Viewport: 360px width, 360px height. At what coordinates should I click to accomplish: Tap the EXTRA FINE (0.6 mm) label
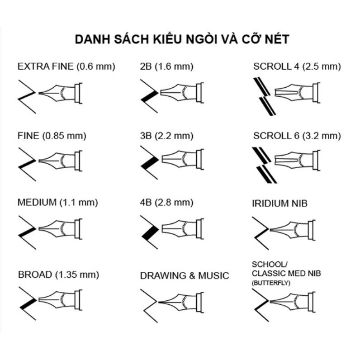point(66,66)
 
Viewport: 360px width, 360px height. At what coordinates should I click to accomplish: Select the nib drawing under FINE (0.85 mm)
point(61,161)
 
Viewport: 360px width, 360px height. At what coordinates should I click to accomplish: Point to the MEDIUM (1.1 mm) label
point(58,203)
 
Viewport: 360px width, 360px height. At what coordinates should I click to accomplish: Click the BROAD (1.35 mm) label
point(58,275)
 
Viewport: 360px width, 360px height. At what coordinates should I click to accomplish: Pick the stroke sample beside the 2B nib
point(149,96)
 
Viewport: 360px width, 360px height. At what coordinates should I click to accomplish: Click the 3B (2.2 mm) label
point(167,136)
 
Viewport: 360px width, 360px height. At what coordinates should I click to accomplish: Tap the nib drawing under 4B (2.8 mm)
point(183,229)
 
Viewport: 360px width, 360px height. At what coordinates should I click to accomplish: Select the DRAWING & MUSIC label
point(185,275)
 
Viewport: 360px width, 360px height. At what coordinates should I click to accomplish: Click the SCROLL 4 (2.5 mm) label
point(297,66)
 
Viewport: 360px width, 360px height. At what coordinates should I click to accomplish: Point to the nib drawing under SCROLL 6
point(297,160)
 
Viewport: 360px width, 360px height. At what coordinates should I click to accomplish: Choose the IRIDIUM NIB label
point(279,204)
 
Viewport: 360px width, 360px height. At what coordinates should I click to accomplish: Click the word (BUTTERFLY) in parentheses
point(271,283)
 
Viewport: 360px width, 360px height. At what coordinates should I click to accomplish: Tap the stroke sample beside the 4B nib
point(149,232)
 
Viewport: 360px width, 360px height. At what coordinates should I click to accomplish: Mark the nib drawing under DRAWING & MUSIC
point(181,303)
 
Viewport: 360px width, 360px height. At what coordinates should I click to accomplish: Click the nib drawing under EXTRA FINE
point(61,93)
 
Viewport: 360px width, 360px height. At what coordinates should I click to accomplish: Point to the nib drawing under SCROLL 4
point(297,93)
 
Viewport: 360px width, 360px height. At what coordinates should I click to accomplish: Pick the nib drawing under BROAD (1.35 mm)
point(61,300)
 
